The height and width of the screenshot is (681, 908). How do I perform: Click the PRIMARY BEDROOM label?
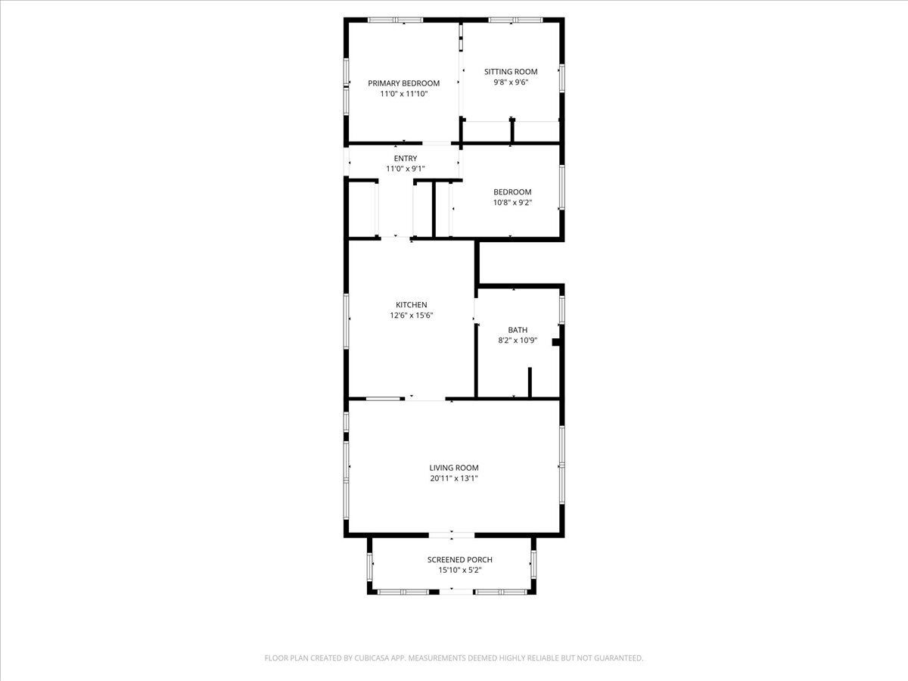click(x=404, y=83)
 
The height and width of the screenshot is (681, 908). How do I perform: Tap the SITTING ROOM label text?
click(x=511, y=72)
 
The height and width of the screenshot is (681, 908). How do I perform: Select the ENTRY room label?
click(x=406, y=158)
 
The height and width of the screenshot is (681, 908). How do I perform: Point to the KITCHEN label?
click(x=411, y=305)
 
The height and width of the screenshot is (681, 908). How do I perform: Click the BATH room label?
click(x=518, y=330)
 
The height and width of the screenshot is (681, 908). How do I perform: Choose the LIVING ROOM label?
click(x=454, y=468)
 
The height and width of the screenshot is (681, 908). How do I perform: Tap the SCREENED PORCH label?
click(x=459, y=559)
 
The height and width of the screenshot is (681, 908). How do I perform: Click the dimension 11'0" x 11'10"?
click(x=404, y=94)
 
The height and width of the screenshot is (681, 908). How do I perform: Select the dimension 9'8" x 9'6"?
click(x=511, y=82)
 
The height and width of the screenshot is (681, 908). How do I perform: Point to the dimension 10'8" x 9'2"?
click(x=512, y=203)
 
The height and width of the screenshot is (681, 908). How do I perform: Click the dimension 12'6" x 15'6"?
click(x=411, y=316)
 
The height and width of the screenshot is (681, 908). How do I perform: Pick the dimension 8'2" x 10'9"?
click(x=518, y=340)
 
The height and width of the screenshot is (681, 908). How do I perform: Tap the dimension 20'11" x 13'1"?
click(x=454, y=478)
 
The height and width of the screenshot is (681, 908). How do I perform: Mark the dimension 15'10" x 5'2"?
click(x=459, y=571)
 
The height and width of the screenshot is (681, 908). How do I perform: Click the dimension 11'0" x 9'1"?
click(x=406, y=169)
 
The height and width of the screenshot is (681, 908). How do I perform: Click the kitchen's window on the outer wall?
click(x=346, y=322)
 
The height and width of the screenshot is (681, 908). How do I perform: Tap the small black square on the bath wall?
click(x=556, y=342)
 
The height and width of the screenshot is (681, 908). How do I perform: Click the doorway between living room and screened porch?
click(x=451, y=535)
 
